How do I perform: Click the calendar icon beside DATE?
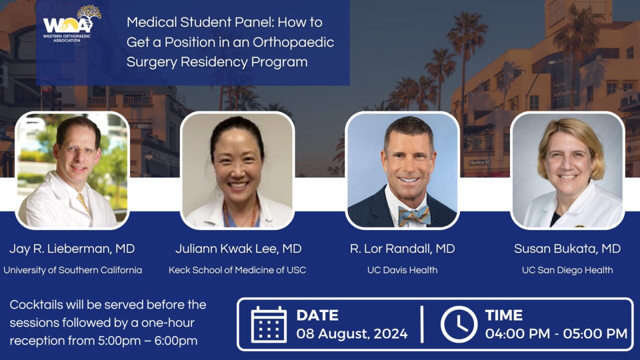(268, 324)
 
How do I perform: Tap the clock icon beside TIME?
(458, 324)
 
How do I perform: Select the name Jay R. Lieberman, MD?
(72, 249)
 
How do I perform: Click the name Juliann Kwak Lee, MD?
(238, 249)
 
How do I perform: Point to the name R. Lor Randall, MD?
(402, 249)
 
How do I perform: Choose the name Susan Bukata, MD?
(567, 249)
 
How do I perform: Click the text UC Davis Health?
(402, 270)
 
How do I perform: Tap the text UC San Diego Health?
(567, 270)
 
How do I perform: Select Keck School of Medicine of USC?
(237, 270)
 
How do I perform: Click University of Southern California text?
(72, 270)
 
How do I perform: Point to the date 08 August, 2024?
(352, 333)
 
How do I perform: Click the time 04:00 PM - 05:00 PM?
(556, 333)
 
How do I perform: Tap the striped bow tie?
(414, 215)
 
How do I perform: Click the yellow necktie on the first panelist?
(82, 202)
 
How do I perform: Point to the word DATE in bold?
(317, 315)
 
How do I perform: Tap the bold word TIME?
(503, 315)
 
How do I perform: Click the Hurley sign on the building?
(479, 162)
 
